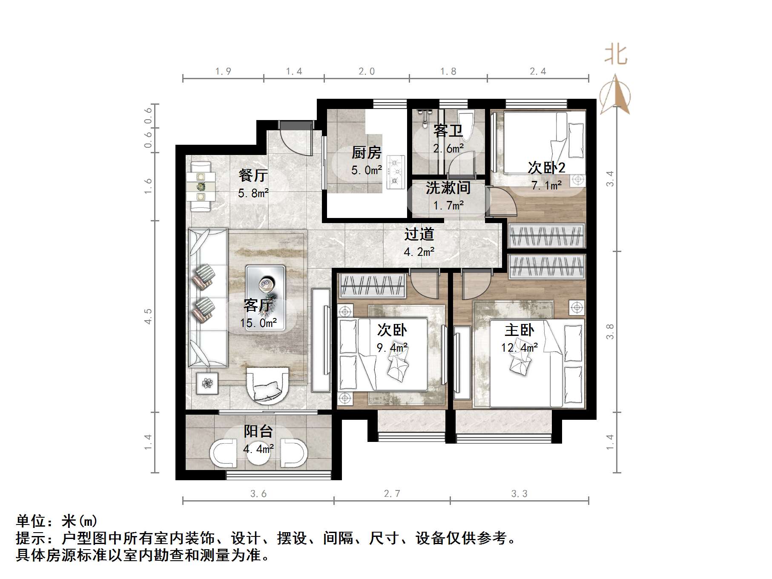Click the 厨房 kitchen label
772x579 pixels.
click(x=366, y=152)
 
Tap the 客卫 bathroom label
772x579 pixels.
click(x=448, y=131)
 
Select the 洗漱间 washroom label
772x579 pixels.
click(x=448, y=188)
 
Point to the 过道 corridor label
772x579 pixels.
click(x=419, y=234)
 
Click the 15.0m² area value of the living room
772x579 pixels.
click(x=258, y=323)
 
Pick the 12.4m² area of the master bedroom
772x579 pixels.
click(x=519, y=348)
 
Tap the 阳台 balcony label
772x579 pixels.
click(x=258, y=431)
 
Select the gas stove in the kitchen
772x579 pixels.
click(x=396, y=172)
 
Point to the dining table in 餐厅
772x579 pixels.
click(x=201, y=186)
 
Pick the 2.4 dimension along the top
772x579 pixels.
click(x=538, y=72)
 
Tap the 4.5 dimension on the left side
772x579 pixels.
click(x=148, y=316)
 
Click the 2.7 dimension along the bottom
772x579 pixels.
click(x=392, y=494)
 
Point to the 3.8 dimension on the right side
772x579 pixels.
click(x=610, y=332)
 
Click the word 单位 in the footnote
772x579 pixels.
click(x=32, y=521)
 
